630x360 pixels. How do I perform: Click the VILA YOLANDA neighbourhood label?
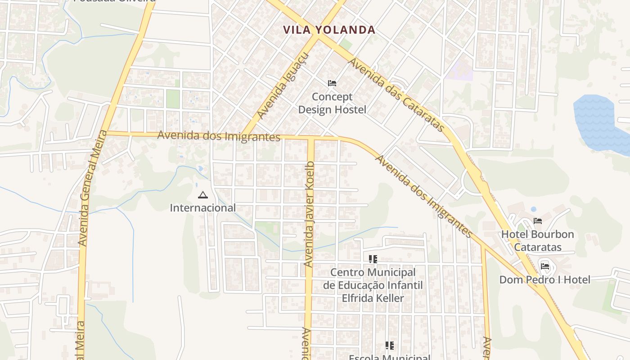click(329, 30)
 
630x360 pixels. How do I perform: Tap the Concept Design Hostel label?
click(332, 103)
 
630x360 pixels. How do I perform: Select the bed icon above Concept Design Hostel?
click(332, 83)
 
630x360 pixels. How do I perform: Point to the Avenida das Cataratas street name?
click(396, 95)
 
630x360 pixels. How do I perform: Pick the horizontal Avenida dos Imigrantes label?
click(219, 136)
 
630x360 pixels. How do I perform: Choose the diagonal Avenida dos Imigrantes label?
click(423, 196)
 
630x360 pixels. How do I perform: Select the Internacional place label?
click(202, 208)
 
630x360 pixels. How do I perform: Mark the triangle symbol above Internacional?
click(202, 195)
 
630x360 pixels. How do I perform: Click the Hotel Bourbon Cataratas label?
click(538, 241)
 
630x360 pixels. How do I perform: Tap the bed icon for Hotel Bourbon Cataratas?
click(537, 221)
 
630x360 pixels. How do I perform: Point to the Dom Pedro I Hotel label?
click(544, 280)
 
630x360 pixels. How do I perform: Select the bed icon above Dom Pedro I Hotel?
click(545, 266)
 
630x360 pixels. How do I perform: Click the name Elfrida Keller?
click(373, 298)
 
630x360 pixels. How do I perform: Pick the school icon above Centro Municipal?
click(373, 259)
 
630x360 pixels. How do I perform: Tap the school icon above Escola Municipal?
click(389, 346)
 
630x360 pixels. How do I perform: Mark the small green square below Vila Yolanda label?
click(346, 44)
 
